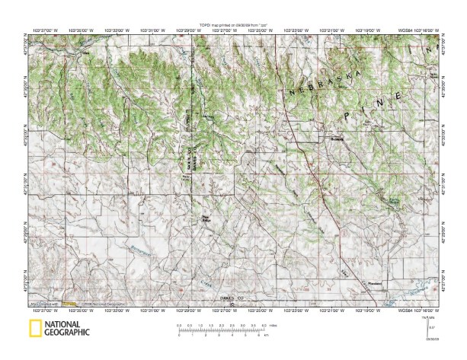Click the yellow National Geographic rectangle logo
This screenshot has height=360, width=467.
coord(35,328)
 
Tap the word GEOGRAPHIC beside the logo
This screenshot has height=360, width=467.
coord(67,333)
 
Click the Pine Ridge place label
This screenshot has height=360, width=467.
coord(205,219)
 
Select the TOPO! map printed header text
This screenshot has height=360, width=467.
coord(232,24)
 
